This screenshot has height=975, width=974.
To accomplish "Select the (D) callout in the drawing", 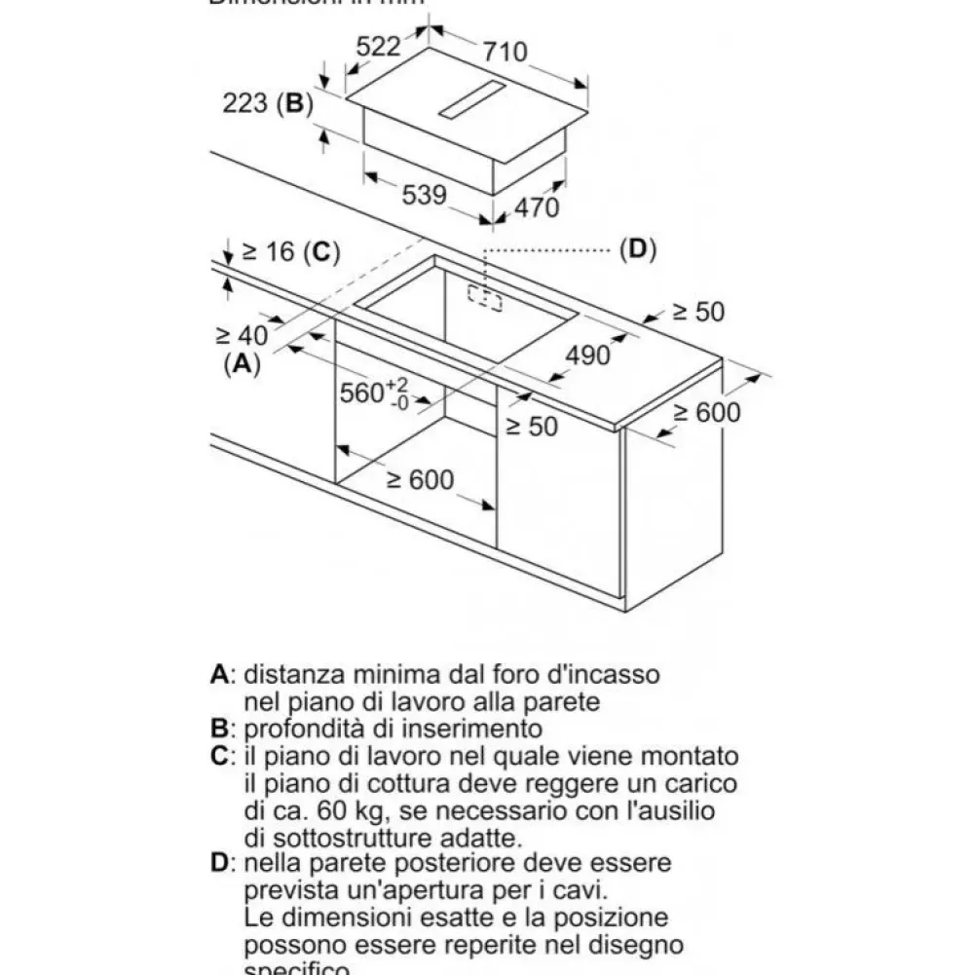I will (637, 250).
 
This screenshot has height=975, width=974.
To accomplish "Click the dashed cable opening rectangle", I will (484, 299).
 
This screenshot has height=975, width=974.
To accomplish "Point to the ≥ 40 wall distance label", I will (240, 335).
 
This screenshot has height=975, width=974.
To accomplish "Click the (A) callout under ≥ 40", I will (243, 364).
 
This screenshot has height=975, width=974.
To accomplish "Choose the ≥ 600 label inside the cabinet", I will (419, 480).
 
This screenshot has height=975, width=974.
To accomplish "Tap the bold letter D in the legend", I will (221, 864).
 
